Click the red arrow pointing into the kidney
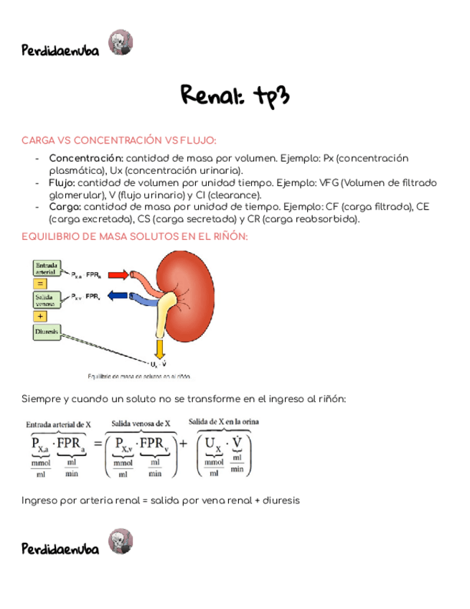118,274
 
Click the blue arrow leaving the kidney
118,295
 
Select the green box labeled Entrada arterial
47,268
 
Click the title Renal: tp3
235,96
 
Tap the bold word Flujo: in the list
62,182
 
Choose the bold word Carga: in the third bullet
64,207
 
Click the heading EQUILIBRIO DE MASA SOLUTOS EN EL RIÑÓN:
135,236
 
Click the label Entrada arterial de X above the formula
58,424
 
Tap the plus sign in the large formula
183,444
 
